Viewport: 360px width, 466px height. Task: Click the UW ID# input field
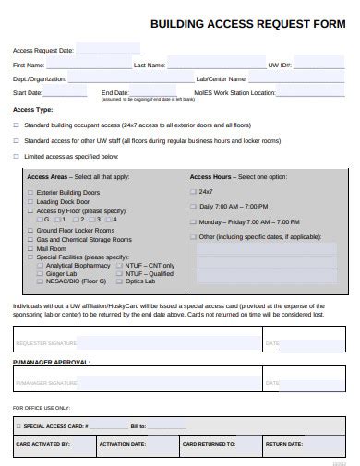point(318,66)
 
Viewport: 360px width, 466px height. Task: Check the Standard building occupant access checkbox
point(16,124)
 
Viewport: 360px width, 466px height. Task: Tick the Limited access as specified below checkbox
point(16,158)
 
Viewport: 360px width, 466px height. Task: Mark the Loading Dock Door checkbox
point(30,201)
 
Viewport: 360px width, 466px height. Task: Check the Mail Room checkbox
point(30,248)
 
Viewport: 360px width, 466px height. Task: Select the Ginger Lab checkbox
point(39,273)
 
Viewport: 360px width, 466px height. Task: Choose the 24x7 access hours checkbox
point(192,191)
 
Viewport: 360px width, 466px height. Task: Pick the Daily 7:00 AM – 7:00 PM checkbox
point(192,207)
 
